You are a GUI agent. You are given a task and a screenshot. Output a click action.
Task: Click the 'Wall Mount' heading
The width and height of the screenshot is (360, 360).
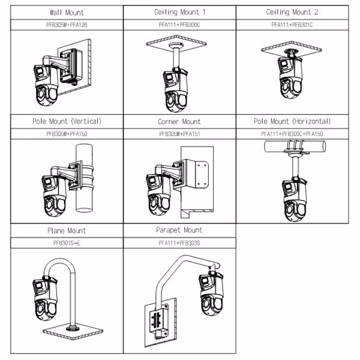pos(66,13)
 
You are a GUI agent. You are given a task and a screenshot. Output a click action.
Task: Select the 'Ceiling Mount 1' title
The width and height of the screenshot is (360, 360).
pos(179,13)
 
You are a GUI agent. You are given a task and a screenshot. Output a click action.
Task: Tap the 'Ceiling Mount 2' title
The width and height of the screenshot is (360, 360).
pos(292,13)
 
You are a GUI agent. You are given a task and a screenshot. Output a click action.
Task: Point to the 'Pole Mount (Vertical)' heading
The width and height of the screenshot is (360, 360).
pos(66,122)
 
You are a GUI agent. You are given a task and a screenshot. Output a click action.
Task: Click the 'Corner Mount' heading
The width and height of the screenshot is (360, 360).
pos(179,122)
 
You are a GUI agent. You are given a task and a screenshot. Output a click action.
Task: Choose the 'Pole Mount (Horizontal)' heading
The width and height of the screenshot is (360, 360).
pos(292,122)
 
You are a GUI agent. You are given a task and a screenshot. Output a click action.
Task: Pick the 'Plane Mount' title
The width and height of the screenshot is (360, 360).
pos(66,230)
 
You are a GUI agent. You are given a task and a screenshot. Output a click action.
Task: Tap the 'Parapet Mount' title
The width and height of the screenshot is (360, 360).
pos(179,230)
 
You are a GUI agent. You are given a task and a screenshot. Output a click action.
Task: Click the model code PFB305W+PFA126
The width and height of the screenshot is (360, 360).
pos(66,25)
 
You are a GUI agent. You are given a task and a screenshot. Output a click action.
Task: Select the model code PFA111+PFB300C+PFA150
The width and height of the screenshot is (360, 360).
pos(292,133)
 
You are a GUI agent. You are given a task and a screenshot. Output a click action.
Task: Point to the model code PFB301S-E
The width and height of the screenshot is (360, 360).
pos(66,242)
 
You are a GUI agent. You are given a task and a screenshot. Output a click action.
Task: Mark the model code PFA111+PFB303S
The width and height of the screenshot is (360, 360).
pos(179,242)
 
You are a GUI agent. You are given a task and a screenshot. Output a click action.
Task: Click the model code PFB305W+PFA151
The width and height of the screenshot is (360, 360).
pos(179,133)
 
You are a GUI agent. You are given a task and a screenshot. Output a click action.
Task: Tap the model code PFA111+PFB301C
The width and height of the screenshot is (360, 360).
pos(292,25)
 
